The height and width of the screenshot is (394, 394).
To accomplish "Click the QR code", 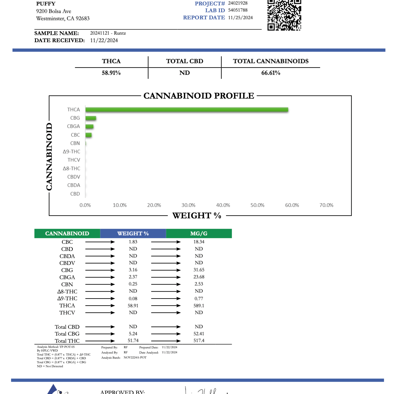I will pyautogui.click(x=284, y=15).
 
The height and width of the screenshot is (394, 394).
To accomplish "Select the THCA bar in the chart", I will pyautogui.click(x=187, y=110).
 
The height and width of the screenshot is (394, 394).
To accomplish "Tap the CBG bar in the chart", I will pyautogui.click(x=91, y=118).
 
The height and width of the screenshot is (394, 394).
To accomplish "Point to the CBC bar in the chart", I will pyautogui.click(x=88, y=135).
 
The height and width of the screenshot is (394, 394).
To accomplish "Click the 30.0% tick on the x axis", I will pyautogui.click(x=188, y=205).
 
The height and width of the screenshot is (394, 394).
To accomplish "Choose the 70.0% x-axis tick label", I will pyautogui.click(x=326, y=205).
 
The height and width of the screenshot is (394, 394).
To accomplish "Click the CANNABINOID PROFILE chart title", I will pyautogui.click(x=199, y=96).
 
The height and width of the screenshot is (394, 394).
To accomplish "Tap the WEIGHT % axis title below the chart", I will pyautogui.click(x=197, y=216).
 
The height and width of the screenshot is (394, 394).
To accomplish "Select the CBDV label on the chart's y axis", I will pyautogui.click(x=74, y=177).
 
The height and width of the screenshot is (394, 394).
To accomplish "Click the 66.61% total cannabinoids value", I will pyautogui.click(x=271, y=73).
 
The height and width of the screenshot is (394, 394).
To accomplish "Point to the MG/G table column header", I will pyautogui.click(x=199, y=233).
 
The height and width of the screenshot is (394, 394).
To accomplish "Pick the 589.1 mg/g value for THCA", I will pyautogui.click(x=199, y=306).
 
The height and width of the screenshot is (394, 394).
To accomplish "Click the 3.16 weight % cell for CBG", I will pyautogui.click(x=133, y=270).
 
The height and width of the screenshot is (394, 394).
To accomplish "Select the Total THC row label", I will pyautogui.click(x=67, y=341).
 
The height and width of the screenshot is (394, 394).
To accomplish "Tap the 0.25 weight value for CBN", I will pyautogui.click(x=133, y=284).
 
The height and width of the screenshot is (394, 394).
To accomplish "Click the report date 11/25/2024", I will pyautogui.click(x=240, y=18).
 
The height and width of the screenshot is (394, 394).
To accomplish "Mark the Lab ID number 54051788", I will pyautogui.click(x=238, y=10).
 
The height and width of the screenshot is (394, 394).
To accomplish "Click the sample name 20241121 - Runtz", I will pyautogui.click(x=108, y=33).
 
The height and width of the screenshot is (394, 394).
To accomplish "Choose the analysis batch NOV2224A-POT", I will pyautogui.click(x=135, y=358).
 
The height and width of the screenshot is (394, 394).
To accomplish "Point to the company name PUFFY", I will pyautogui.click(x=46, y=4).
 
